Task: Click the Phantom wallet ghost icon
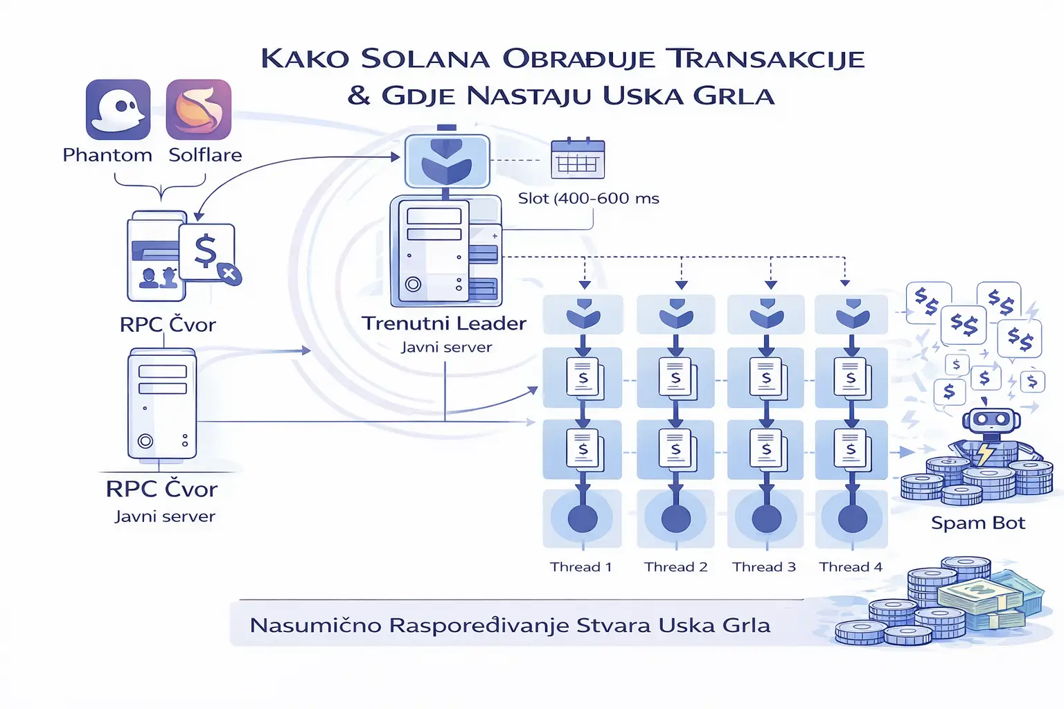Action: (118, 109)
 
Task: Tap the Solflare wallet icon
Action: (199, 109)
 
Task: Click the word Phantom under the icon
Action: (107, 155)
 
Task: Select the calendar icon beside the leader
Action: (578, 159)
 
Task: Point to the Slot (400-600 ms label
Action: (588, 199)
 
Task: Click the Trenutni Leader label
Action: (444, 323)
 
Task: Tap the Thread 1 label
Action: (580, 567)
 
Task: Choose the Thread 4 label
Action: (851, 567)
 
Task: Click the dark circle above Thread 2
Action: (675, 519)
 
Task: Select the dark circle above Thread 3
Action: (766, 519)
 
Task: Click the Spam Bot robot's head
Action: (991, 420)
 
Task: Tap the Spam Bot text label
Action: (977, 523)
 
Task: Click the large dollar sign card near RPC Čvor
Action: (206, 251)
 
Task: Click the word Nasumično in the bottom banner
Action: (315, 625)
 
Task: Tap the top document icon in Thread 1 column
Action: (583, 378)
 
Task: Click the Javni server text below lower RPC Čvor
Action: (165, 517)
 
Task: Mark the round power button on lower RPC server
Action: (145, 440)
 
